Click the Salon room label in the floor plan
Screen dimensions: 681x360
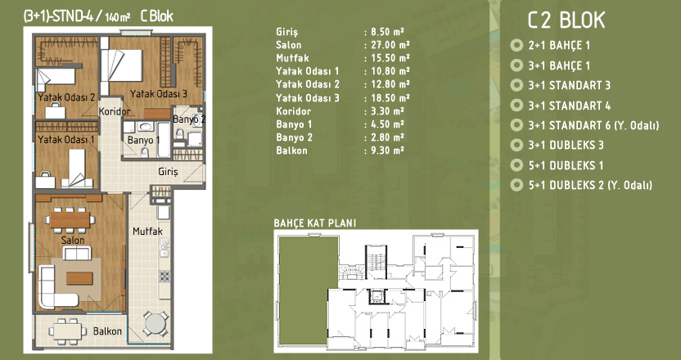tap(73, 240)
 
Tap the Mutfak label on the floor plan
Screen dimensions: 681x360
tap(147, 231)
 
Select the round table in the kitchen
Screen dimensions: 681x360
tap(155, 323)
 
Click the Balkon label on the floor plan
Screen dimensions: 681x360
tap(108, 331)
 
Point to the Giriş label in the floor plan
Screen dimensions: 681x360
tap(168, 173)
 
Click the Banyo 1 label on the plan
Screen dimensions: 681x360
tap(144, 140)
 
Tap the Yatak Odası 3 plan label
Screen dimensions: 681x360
tap(159, 93)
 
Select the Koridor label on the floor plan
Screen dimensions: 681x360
tap(115, 111)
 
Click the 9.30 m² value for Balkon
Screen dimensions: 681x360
tap(387, 151)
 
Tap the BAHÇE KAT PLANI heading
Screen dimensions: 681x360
tap(315, 223)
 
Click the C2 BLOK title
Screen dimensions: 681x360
tap(566, 20)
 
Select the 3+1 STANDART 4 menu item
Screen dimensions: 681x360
tap(570, 106)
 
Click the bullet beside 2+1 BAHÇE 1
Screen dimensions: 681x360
tap(516, 45)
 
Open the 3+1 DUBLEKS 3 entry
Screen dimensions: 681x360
tap(566, 145)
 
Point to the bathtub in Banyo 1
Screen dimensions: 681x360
tap(164, 140)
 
